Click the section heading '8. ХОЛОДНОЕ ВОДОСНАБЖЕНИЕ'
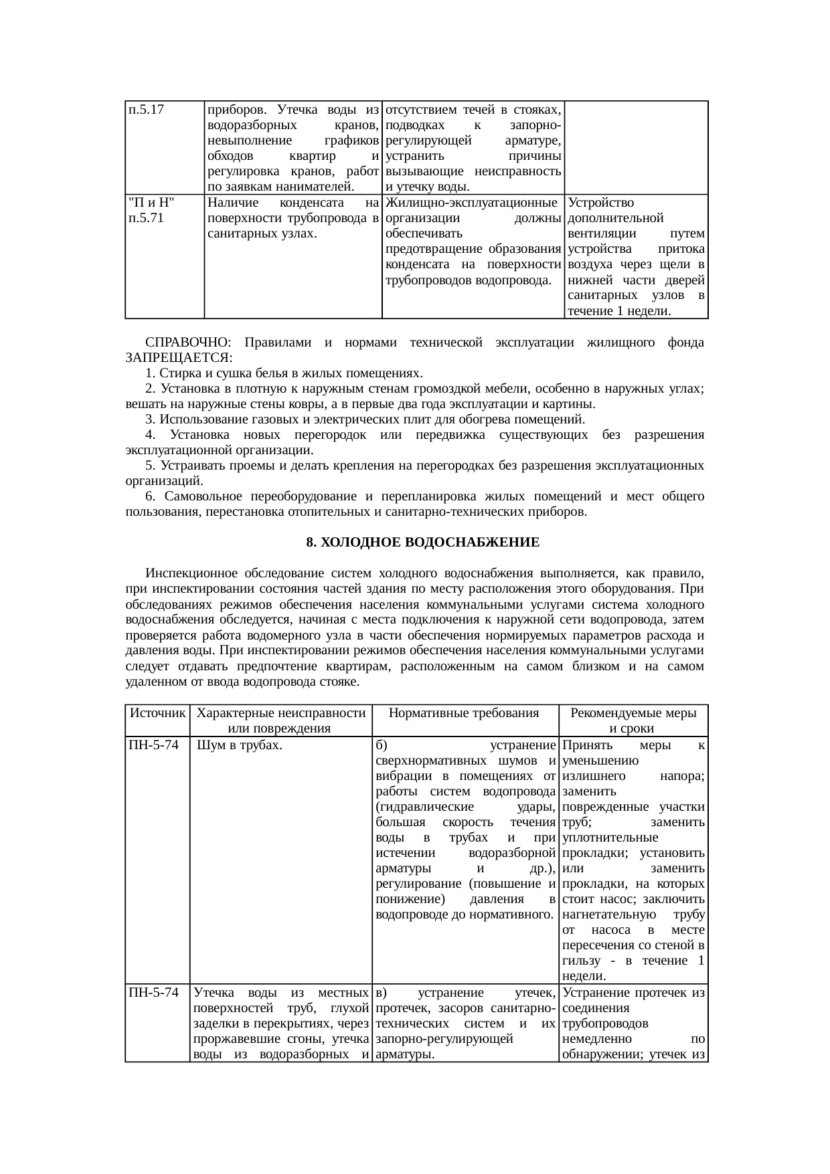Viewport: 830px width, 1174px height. point(422,543)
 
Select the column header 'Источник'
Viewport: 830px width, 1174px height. point(157,713)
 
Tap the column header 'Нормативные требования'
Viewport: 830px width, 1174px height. point(464,713)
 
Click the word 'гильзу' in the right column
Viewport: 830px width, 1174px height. point(581,961)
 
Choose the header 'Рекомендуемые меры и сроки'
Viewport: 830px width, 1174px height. point(633,720)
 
